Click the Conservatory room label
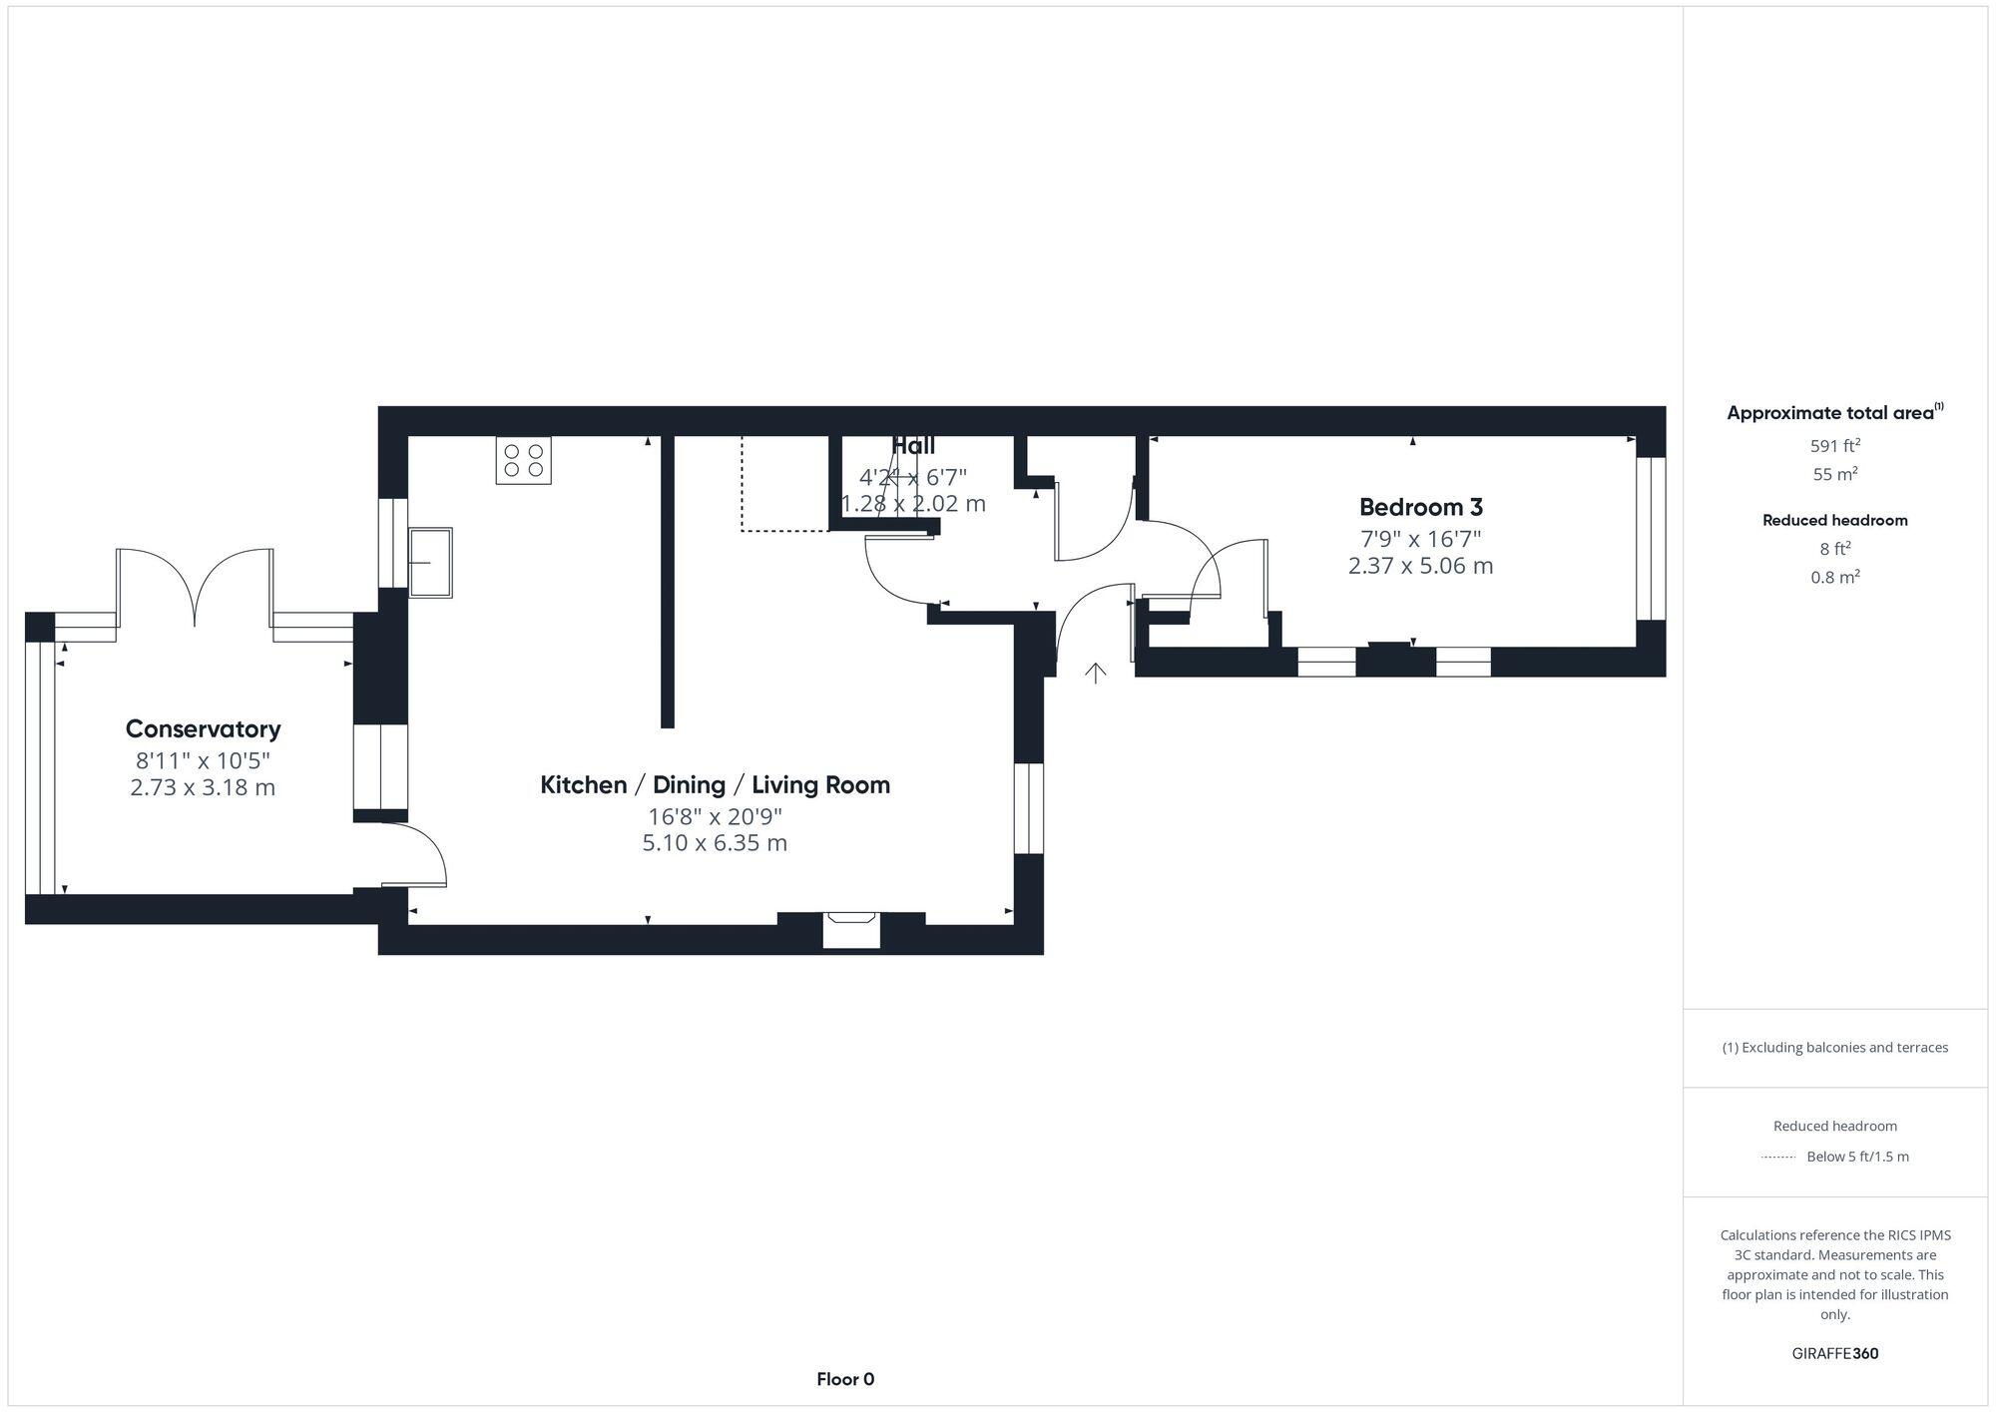tap(203, 728)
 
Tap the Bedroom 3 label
tap(1420, 507)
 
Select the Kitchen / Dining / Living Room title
tap(715, 785)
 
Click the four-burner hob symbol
tap(523, 460)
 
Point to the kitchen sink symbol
tap(430, 562)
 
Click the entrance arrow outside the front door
tap(1096, 674)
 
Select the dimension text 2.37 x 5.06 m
tap(1420, 566)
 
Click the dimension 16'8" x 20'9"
tap(715, 816)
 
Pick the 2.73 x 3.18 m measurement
tap(203, 787)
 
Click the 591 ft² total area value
tap(1834, 446)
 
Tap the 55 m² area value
tap(1834, 475)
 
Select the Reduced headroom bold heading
tap(1834, 520)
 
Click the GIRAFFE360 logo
tap(1834, 1354)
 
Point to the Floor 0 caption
tap(845, 1379)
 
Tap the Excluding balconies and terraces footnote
tap(1834, 1048)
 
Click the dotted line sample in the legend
tap(1778, 1158)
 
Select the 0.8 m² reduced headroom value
tap(1834, 577)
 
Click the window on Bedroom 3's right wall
tap(1651, 538)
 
